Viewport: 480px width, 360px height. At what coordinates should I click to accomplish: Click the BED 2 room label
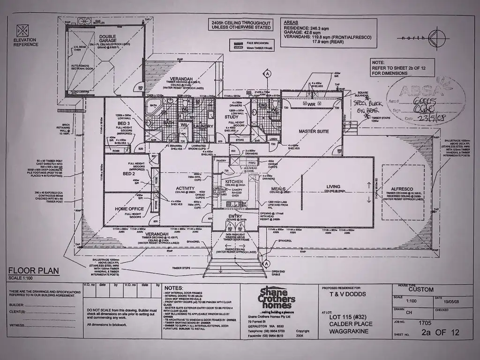coord(116,174)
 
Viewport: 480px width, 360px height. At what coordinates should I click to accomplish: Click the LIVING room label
coord(333,187)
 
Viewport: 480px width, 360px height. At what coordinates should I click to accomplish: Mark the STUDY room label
coord(231,117)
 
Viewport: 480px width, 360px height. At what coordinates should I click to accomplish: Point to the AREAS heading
coord(291,22)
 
